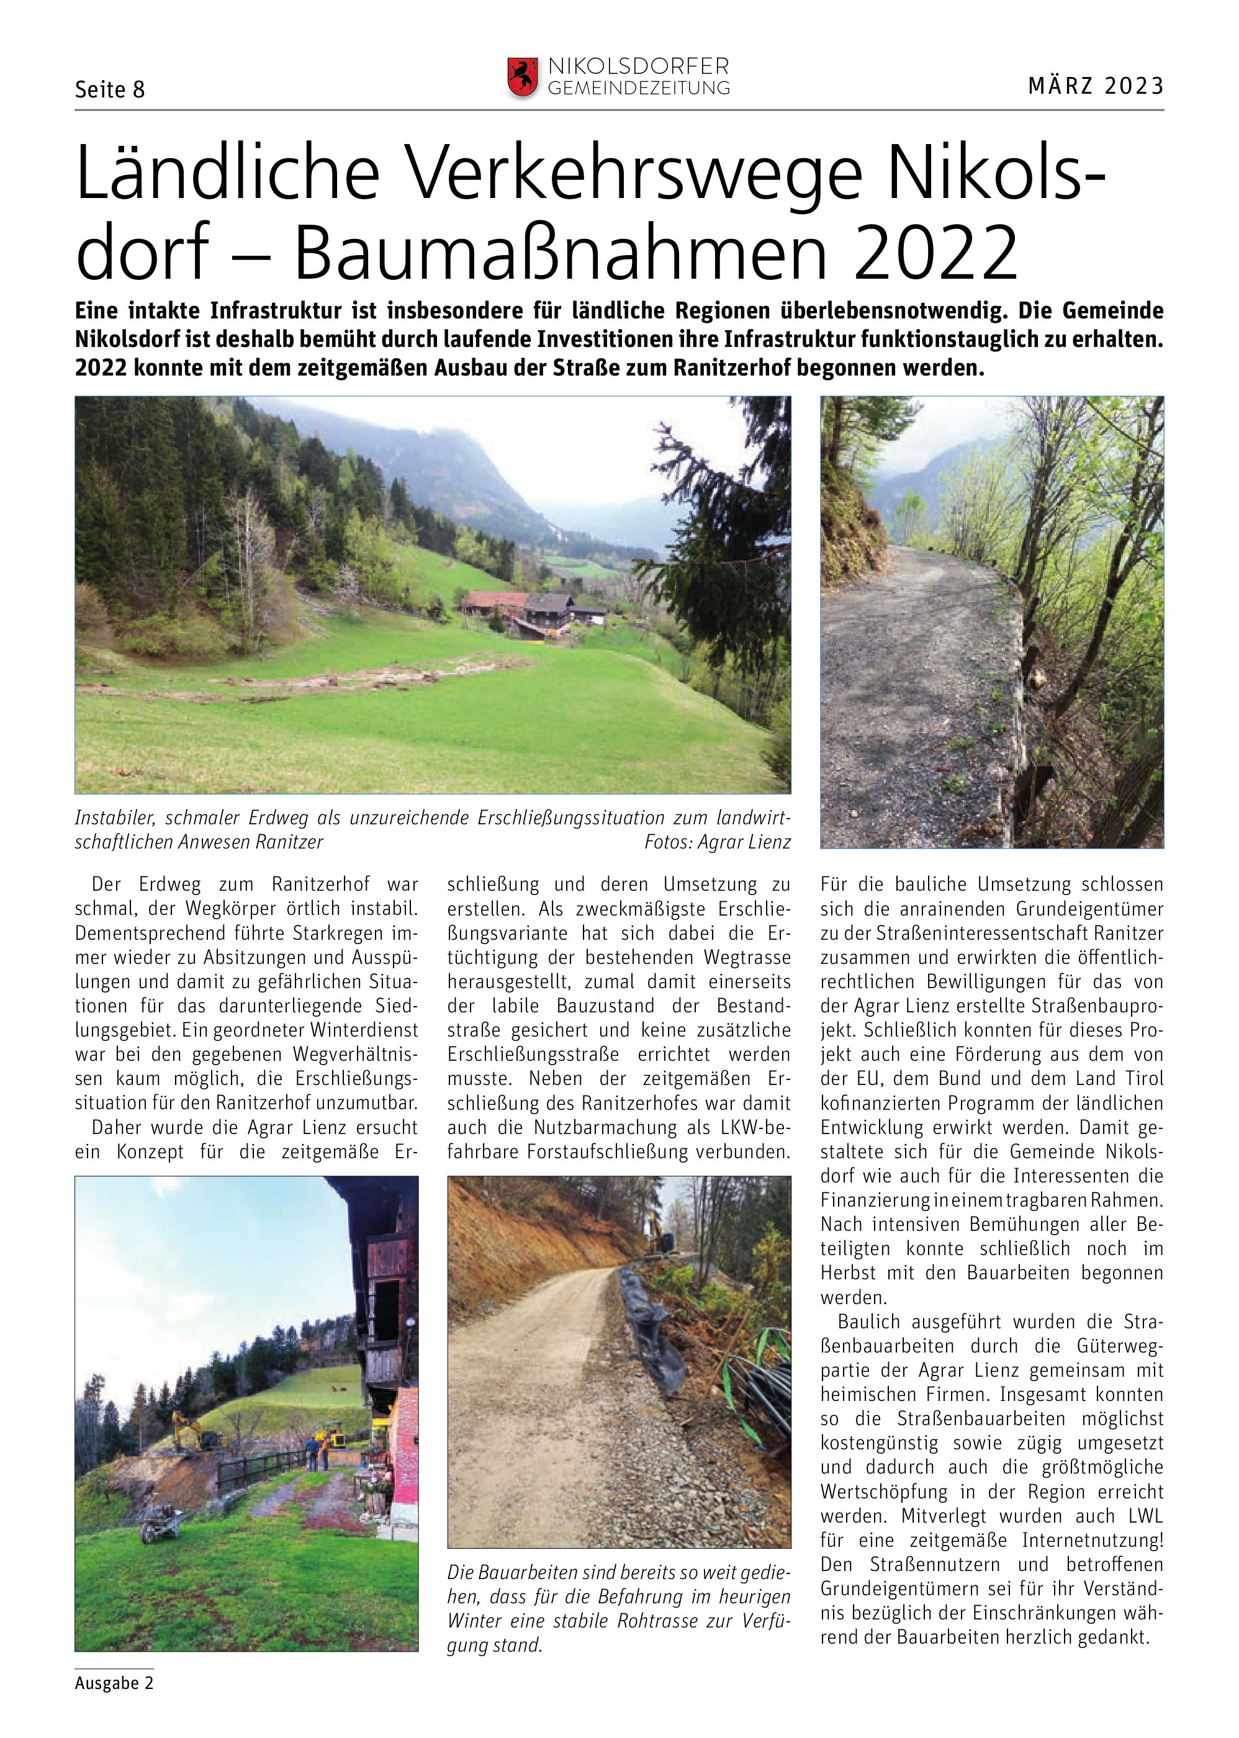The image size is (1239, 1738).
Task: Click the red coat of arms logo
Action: point(523,77)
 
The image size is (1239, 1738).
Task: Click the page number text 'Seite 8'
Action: point(110,90)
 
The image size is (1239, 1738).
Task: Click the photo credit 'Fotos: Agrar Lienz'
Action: point(717,842)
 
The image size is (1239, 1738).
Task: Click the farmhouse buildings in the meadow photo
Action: point(526,610)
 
